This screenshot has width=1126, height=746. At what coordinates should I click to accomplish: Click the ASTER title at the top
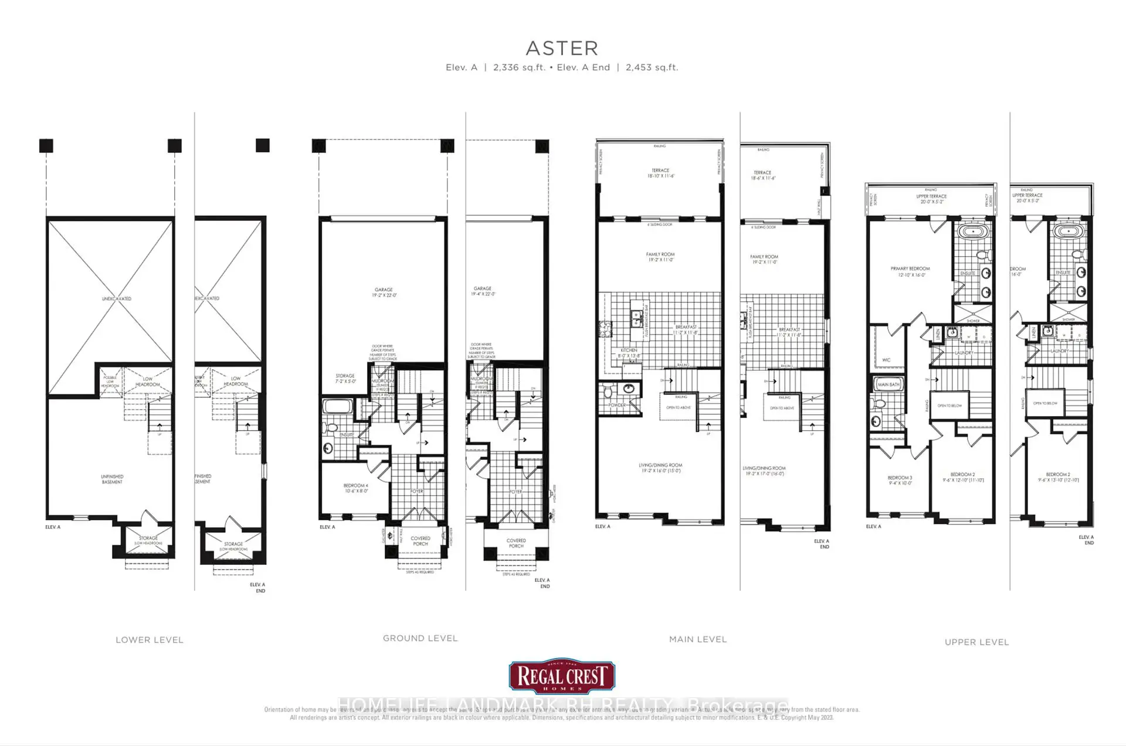tap(562, 48)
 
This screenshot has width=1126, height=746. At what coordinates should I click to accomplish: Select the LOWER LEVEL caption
tap(150, 640)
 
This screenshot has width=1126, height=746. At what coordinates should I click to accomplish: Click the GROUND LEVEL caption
tap(420, 638)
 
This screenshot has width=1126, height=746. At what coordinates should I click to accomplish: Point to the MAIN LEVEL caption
tap(698, 639)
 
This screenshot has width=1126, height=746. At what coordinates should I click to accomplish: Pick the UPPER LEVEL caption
tap(976, 642)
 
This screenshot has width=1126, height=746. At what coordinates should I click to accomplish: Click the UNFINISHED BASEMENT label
tap(112, 479)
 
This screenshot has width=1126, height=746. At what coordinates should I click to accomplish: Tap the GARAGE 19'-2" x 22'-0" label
tap(384, 292)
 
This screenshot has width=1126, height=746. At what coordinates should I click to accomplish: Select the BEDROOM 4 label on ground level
tap(355, 488)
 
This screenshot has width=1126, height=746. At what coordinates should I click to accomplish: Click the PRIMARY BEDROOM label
tap(910, 271)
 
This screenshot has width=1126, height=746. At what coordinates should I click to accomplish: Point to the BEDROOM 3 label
tap(900, 480)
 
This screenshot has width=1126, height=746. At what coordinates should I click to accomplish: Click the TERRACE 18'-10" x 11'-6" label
tap(660, 173)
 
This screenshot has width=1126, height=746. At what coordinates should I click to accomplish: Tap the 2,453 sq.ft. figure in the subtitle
tap(652, 67)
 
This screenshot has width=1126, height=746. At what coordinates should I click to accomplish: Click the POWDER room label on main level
tap(617, 405)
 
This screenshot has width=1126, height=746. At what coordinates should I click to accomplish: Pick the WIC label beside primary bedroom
tap(886, 360)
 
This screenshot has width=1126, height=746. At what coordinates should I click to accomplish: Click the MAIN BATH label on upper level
tap(888, 384)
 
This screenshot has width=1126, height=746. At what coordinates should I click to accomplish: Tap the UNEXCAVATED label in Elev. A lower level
tap(117, 299)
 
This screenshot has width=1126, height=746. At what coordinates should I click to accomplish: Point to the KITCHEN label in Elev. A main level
tap(629, 353)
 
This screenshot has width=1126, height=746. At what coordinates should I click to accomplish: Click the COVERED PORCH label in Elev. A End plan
tap(516, 543)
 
